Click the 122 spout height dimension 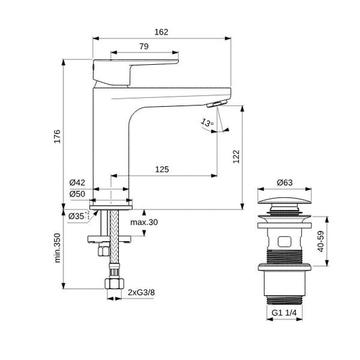pos(236,155)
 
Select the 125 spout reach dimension pos(161,169)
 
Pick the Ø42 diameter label pos(76,182)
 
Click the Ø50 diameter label pos(76,195)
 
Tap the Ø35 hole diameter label pos(78,215)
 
